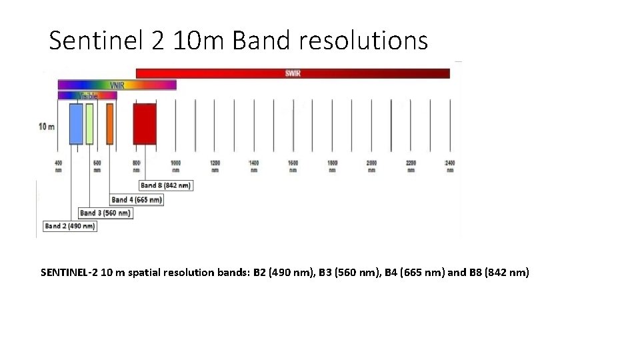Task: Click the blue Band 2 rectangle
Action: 76,124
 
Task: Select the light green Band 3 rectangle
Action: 89,124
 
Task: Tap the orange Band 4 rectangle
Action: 110,124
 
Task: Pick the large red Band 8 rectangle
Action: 145,124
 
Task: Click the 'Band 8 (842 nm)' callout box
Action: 166,185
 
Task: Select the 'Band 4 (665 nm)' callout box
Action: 137,199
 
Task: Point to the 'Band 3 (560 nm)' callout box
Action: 105,213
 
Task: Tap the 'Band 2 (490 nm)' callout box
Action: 70,227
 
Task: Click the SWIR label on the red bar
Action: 293,73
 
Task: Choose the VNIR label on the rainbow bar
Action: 117,85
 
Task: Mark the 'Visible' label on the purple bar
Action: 88,96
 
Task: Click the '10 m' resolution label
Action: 47,127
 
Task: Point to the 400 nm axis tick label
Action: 58,166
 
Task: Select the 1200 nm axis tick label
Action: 215,166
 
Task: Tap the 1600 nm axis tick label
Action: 293,166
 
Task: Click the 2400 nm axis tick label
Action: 450,166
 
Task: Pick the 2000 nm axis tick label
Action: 371,166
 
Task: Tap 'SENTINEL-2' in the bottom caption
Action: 69,272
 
